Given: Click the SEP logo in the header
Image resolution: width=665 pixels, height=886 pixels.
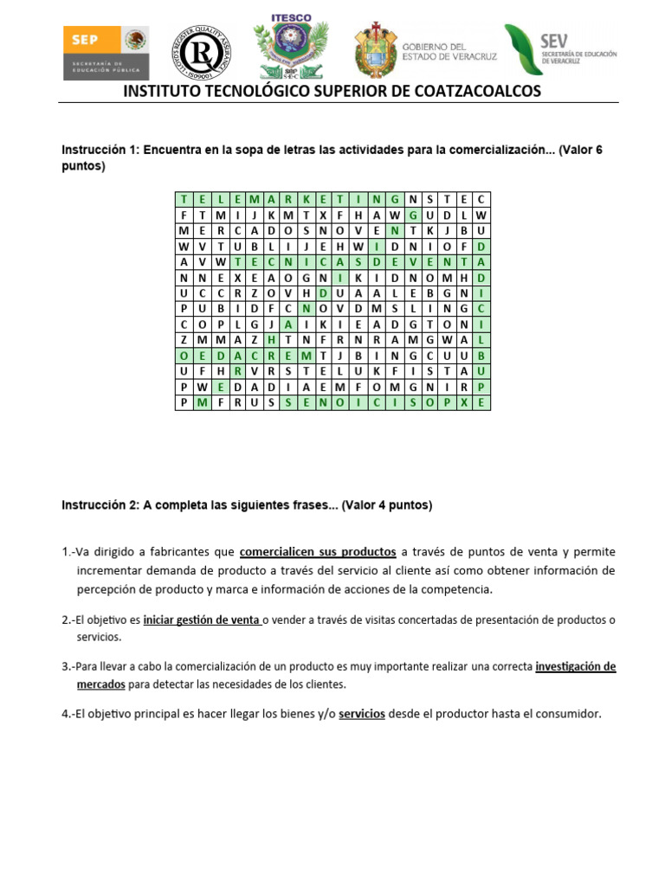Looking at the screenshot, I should click(x=105, y=51).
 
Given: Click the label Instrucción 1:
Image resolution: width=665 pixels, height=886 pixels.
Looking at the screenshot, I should click(x=99, y=150).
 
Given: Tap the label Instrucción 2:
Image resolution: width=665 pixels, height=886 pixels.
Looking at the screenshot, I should click(x=99, y=504).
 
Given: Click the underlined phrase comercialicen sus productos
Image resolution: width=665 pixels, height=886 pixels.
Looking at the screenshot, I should click(x=318, y=551).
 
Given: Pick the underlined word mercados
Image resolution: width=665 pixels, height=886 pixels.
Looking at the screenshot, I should click(x=100, y=684).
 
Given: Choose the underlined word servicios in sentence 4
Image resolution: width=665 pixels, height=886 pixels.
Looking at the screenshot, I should click(x=361, y=715).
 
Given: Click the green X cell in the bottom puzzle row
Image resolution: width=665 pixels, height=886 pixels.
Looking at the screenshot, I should click(x=464, y=402).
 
